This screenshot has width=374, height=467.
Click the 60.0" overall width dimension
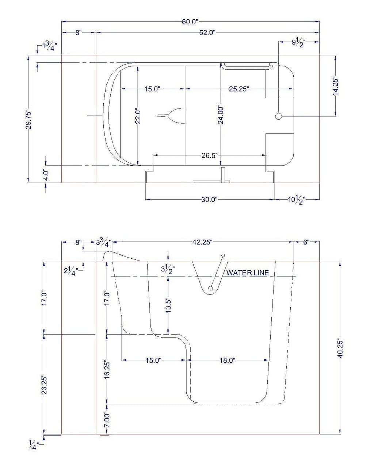[190, 22]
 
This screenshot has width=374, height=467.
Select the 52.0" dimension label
[207, 32]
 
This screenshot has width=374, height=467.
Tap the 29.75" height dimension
[28, 120]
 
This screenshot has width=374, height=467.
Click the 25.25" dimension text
[239, 89]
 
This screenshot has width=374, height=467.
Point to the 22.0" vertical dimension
[138, 116]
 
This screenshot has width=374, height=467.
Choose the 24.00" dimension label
[221, 115]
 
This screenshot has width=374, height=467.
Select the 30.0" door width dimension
[209, 200]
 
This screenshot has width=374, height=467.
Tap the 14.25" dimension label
[336, 86]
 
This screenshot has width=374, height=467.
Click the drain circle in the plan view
[279, 116]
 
